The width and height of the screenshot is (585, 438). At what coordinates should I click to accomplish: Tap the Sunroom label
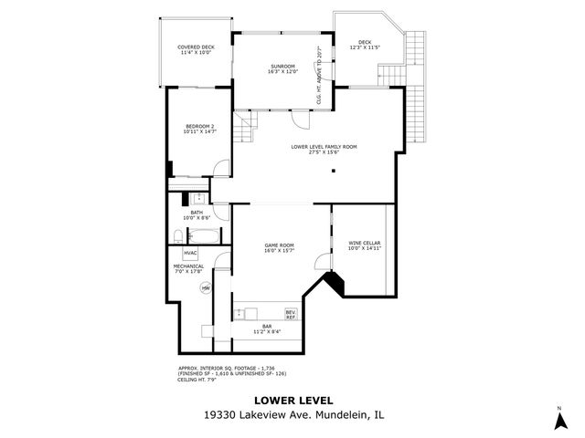click(x=282, y=68)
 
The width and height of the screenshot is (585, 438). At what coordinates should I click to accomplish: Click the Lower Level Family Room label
click(x=324, y=149)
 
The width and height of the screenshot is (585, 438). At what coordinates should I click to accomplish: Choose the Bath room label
click(x=197, y=215)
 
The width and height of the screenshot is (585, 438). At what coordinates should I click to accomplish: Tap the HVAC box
click(x=190, y=253)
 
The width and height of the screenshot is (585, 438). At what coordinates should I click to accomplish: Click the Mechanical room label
click(x=188, y=268)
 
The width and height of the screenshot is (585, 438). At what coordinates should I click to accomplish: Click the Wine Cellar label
click(x=364, y=245)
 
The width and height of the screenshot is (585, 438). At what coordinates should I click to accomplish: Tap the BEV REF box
click(x=291, y=314)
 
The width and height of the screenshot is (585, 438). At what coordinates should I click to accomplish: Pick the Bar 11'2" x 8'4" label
click(x=267, y=328)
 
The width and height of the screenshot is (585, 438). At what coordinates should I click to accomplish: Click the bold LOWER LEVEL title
click(x=292, y=400)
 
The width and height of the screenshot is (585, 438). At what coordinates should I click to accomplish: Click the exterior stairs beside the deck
click(x=417, y=91)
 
